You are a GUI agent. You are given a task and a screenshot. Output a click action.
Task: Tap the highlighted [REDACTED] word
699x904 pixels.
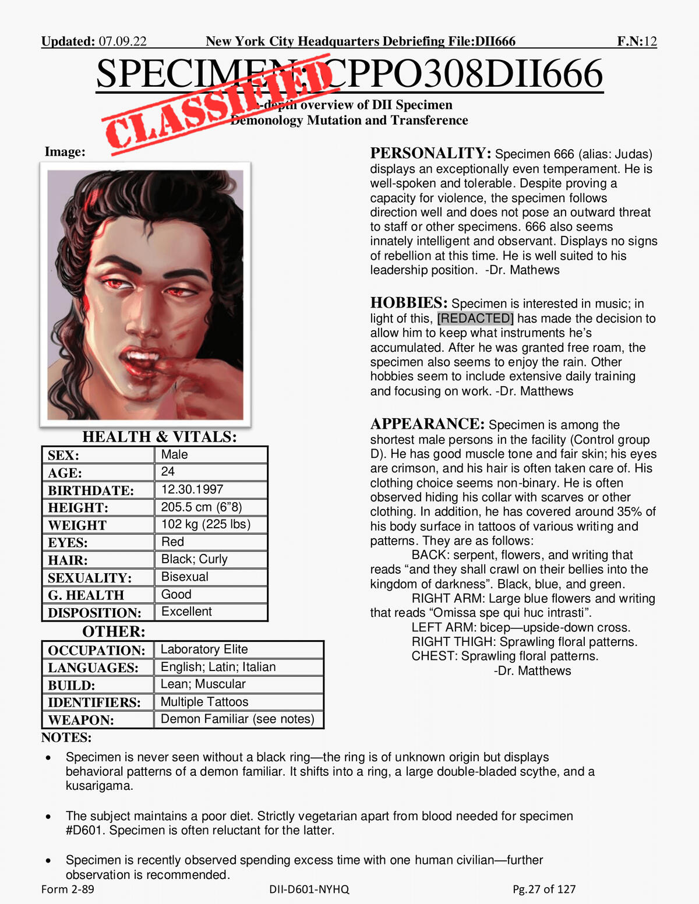(x=475, y=319)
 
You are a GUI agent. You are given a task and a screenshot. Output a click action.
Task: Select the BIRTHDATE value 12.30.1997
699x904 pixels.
(x=192, y=489)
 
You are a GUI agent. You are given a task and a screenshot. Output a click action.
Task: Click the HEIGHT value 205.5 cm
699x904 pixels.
(x=202, y=507)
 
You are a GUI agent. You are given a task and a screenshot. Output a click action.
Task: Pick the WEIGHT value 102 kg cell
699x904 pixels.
(x=206, y=524)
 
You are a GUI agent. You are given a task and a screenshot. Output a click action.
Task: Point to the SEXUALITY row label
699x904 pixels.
(x=90, y=578)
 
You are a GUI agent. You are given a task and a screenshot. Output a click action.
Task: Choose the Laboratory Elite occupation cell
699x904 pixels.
(x=204, y=649)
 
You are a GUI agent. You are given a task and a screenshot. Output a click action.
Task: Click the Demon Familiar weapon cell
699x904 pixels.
(x=237, y=719)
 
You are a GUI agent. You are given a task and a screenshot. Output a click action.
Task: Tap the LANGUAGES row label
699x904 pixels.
(x=93, y=668)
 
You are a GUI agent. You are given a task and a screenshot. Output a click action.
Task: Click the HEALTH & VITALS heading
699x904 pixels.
(x=160, y=437)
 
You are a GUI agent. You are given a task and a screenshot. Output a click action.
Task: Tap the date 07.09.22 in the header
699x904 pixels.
(x=122, y=41)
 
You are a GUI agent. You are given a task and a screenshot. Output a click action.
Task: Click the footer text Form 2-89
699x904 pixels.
(x=68, y=889)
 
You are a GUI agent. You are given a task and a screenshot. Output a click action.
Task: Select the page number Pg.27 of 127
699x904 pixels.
(x=544, y=889)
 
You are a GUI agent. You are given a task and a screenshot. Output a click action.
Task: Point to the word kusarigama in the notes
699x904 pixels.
(x=99, y=786)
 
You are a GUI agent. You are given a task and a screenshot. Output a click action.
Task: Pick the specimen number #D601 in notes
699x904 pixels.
(x=86, y=830)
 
